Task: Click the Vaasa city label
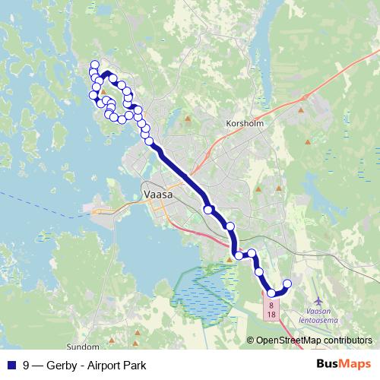158,195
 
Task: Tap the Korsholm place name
243,122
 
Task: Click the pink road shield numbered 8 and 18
271,308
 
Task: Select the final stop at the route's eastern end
287,284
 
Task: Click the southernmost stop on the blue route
271,293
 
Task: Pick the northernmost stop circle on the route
95,65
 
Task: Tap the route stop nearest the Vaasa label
207,209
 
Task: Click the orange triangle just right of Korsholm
301,109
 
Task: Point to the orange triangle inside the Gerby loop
104,94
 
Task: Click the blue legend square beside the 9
11,366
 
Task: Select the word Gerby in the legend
62,366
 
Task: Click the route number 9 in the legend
27,366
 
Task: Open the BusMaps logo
344,365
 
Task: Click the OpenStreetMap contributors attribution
314,341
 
